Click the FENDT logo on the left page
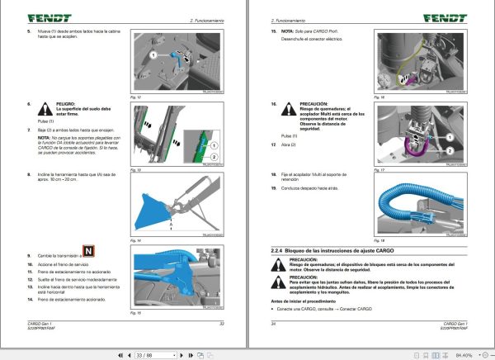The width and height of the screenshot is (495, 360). click(x=33, y=17)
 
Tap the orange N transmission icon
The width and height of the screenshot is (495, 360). click(x=87, y=252)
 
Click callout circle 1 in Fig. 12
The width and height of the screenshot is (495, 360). click(x=153, y=54)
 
